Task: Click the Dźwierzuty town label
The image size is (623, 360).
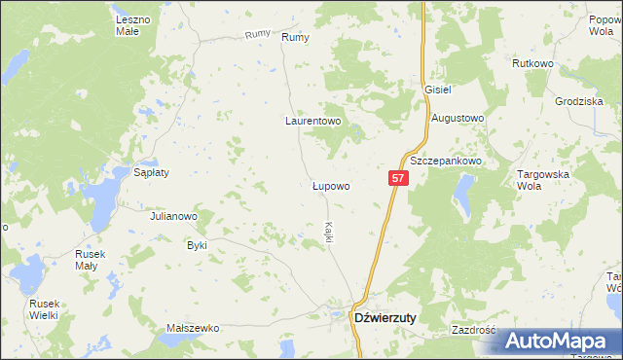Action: click(x=385, y=317)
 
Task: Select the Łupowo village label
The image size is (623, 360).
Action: click(x=330, y=184)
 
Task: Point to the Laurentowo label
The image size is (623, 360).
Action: click(x=312, y=122)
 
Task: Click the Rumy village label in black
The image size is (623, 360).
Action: click(x=294, y=37)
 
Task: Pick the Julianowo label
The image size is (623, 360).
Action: click(x=174, y=216)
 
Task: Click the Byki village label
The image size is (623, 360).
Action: click(x=198, y=245)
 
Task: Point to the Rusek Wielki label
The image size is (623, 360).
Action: click(x=43, y=308)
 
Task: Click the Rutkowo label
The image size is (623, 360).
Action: click(x=532, y=63)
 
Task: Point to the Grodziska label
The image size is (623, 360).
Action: click(x=580, y=101)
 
